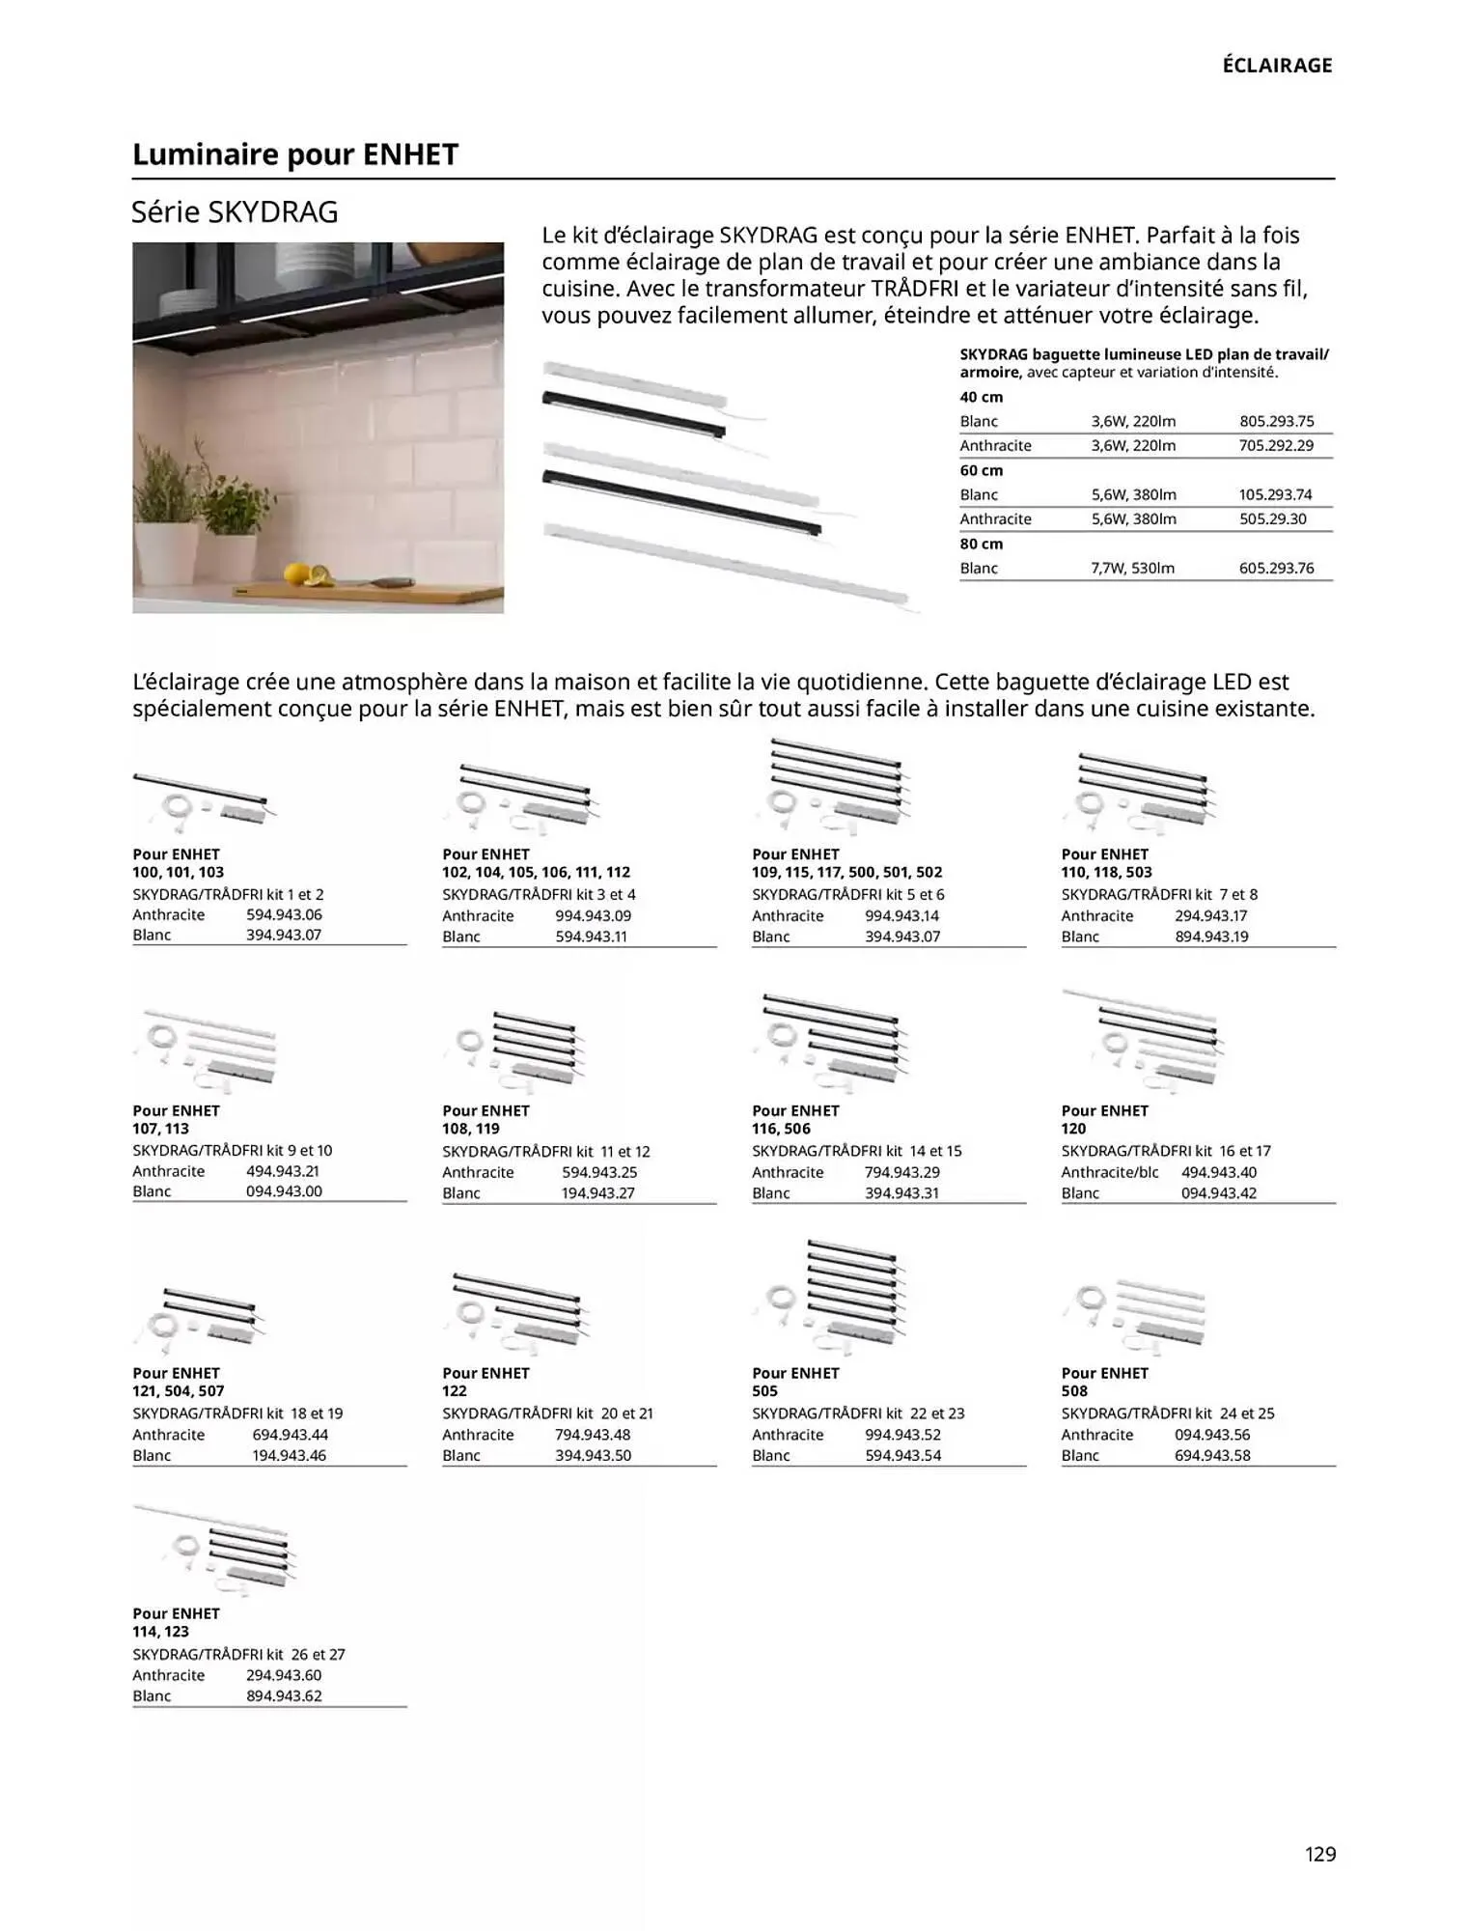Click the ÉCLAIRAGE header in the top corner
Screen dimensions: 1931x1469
(x=1276, y=66)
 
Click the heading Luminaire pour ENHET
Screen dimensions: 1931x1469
(x=294, y=154)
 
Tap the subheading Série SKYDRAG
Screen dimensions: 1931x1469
(x=235, y=212)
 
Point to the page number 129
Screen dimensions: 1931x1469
(x=1319, y=1853)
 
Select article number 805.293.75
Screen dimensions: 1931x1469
(x=1276, y=421)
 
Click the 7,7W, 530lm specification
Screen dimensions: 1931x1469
(x=1132, y=568)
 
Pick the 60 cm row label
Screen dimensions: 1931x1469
(x=981, y=470)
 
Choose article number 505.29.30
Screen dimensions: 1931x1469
(x=1272, y=518)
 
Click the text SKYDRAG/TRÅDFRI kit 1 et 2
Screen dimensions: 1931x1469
(x=228, y=894)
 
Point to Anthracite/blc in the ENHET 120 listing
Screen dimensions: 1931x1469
(x=1109, y=1172)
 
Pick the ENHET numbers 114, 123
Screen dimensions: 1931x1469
(x=160, y=1632)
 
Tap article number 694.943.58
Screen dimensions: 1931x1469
(x=1211, y=1455)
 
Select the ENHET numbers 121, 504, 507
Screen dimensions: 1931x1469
(x=178, y=1391)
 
